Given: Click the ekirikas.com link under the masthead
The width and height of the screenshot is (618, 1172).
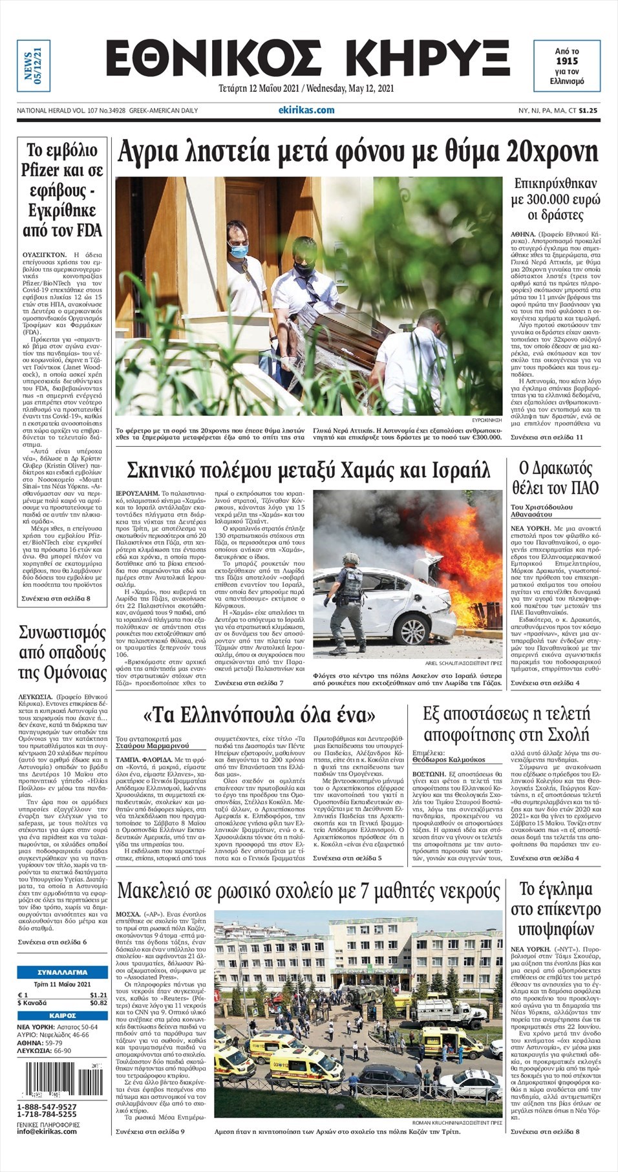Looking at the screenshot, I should point(306,110).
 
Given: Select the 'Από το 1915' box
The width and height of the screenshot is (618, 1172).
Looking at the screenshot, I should point(566,67).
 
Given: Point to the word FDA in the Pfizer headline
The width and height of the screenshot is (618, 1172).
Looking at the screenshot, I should point(89,230).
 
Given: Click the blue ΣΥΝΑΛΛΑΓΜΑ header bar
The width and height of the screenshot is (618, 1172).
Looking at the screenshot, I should point(63,972).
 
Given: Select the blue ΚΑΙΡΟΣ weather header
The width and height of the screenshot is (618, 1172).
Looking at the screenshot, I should point(63,1016).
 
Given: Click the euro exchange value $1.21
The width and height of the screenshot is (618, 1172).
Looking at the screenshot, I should point(98,995).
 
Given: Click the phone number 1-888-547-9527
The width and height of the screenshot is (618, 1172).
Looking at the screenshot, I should point(47,1107).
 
